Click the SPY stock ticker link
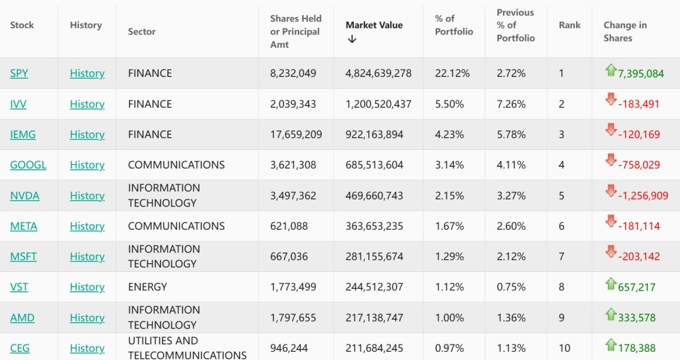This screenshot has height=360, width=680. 19,74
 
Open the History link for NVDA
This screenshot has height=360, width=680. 87,196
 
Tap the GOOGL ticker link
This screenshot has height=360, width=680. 28,165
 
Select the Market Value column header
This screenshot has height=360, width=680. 374,25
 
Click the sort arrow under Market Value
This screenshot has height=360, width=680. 352,39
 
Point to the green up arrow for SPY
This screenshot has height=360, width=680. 610,70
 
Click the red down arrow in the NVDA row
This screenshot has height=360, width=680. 610,191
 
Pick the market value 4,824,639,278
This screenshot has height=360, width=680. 378,74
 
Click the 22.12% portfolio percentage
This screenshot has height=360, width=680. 452,74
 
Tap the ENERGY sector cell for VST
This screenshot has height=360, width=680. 147,287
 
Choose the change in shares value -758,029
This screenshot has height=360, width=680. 639,165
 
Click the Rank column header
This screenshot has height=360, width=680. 570,25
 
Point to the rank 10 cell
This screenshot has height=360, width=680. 564,348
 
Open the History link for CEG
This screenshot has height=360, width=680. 87,348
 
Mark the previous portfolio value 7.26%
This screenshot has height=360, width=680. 511,104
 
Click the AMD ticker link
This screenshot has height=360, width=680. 22,318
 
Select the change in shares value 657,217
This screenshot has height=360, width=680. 637,288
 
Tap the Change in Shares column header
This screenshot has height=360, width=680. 625,31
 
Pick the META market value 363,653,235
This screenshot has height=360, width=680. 374,226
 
